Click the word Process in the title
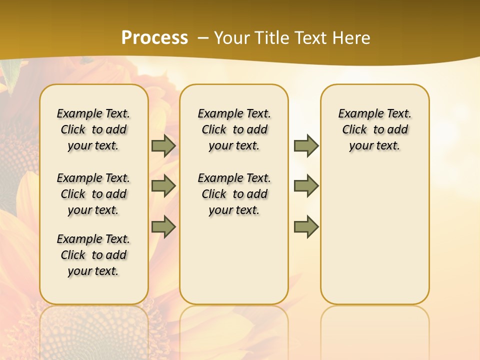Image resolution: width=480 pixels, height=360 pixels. pos(154,38)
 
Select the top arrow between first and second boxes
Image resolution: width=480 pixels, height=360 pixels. pos(163,146)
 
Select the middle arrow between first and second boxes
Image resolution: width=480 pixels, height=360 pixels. pos(163,186)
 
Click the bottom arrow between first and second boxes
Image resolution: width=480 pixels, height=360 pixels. pos(163,227)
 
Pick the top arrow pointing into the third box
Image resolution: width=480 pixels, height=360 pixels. pos(306,146)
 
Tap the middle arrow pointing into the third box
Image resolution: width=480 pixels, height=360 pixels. pos(306,186)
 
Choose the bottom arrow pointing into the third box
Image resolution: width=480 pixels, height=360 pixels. pos(306,227)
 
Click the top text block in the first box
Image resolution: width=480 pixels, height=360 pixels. pos(93,129)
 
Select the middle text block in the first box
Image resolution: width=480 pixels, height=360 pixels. pos(93,194)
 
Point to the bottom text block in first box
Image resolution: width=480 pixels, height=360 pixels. pos(93,255)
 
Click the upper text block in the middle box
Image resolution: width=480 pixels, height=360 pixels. pos(234,129)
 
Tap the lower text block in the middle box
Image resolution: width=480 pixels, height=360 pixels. pos(234,194)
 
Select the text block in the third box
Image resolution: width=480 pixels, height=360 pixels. pos(375,129)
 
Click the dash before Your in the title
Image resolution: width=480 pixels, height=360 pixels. pos(203,38)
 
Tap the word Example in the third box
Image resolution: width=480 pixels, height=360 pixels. pos(356,114)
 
